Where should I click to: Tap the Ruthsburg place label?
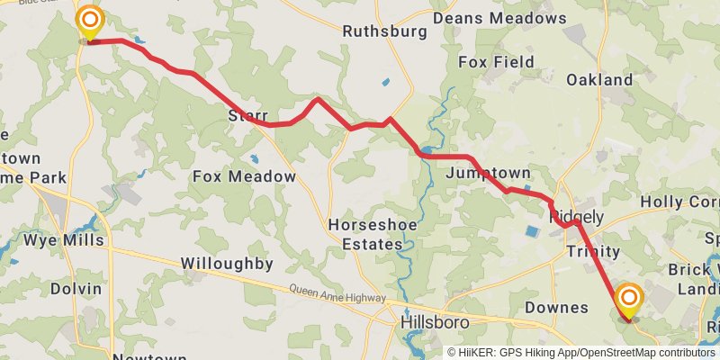384,31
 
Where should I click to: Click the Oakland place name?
599,80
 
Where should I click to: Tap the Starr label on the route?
248,116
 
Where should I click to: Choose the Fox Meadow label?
244,177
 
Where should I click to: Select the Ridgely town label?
576,216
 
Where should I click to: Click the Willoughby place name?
227,264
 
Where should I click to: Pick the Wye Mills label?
64,240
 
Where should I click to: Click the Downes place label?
557,308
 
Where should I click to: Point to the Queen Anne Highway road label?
337,293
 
